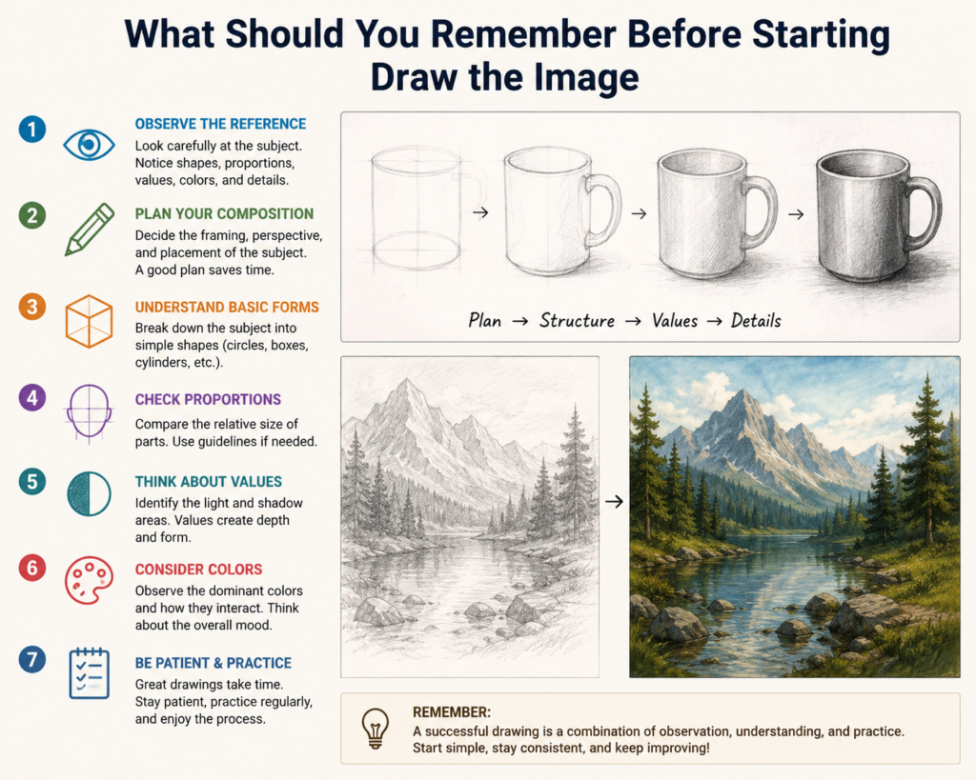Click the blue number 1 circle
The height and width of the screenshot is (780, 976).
tap(32, 130)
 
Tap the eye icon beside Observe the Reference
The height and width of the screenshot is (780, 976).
tap(89, 145)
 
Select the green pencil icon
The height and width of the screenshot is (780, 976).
tap(90, 229)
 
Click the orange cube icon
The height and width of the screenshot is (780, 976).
tap(89, 321)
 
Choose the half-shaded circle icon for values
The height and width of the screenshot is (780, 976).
tap(89, 494)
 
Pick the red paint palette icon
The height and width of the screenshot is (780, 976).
tap(89, 580)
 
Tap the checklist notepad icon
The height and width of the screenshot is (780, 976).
tap(89, 673)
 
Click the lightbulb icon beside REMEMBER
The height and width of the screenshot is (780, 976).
tap(376, 728)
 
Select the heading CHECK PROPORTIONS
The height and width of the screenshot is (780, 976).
tap(208, 399)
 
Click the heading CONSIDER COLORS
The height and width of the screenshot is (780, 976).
tap(198, 570)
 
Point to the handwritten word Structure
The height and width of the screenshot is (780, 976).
tap(577, 321)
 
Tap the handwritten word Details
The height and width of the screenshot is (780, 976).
tap(756, 321)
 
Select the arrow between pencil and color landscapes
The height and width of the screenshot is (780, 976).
tap(614, 501)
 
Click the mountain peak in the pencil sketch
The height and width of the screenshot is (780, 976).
tap(407, 381)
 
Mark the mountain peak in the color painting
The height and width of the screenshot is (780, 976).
tap(742, 391)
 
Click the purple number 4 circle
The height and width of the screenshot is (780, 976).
tap(32, 397)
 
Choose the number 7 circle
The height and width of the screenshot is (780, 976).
tap(32, 659)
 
